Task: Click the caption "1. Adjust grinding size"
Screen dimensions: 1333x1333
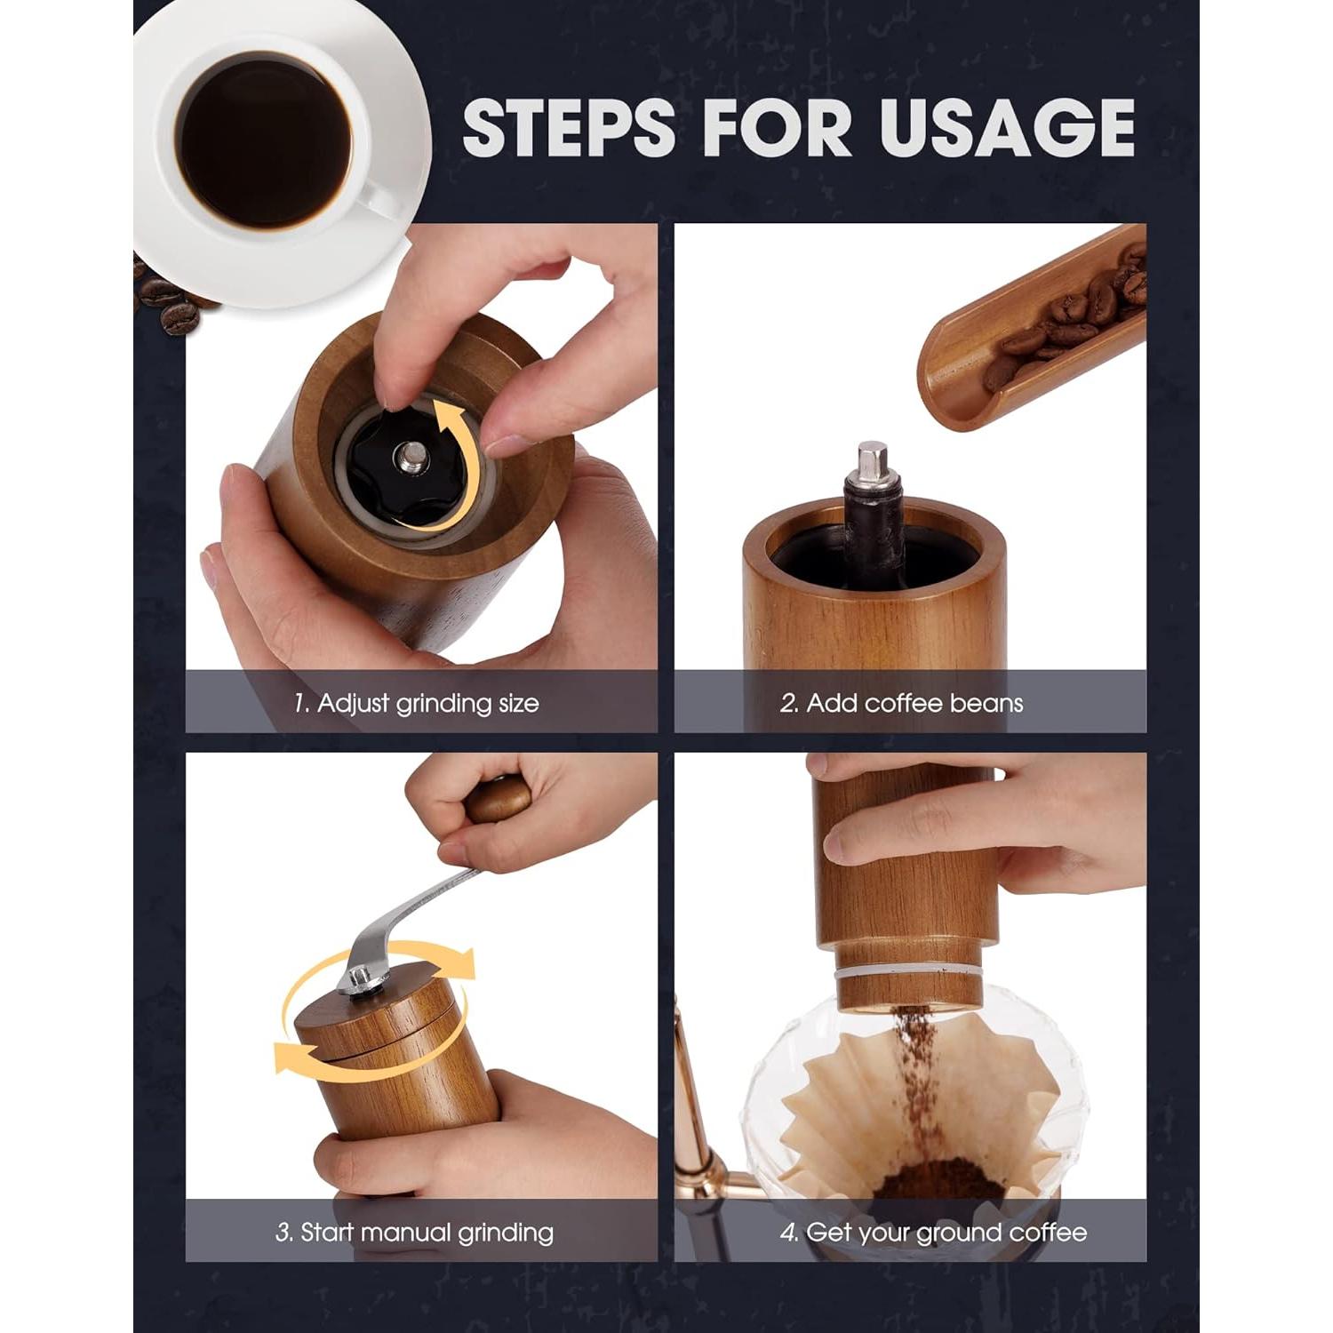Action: click(416, 703)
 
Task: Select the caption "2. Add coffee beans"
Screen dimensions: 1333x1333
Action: click(901, 703)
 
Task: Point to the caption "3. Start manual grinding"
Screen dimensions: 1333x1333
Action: click(414, 1233)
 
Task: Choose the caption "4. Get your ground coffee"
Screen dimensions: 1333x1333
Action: click(933, 1233)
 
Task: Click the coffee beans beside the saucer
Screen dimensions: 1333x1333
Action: click(173, 302)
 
